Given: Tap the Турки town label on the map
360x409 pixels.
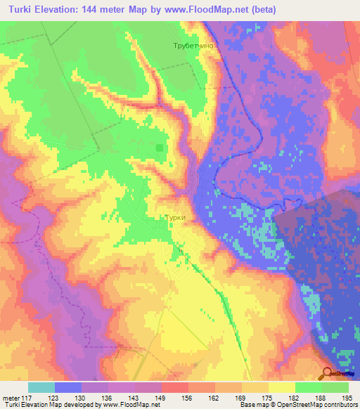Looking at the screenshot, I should coord(175,218).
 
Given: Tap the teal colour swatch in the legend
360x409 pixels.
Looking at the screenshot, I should coord(41,387).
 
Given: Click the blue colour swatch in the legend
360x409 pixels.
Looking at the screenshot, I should coord(68,387).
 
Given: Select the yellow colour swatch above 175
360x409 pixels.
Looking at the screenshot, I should coord(255,387).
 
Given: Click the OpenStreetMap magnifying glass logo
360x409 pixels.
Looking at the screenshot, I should coord(328,374).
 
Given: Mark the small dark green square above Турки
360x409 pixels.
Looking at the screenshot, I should coord(160,148).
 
